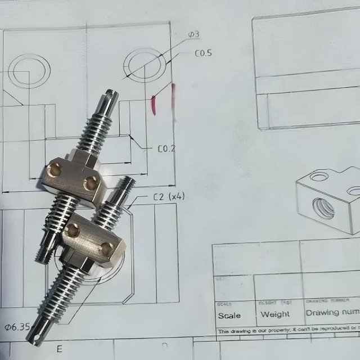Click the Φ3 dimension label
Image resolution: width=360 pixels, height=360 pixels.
(193, 35)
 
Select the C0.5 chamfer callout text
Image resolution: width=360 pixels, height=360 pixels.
(203, 54)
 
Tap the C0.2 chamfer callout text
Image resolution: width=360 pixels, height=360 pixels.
(166, 149)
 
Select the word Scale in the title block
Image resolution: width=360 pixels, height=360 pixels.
(229, 316)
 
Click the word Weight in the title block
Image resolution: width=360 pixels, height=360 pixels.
(275, 314)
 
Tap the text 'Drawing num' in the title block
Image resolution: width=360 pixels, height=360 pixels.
(332, 312)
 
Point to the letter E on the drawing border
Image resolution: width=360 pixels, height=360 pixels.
(59, 349)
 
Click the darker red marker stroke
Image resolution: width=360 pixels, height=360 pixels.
(153, 105)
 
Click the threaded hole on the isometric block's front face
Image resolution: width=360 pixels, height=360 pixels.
(325, 210)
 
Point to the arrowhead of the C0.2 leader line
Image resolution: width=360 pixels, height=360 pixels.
(131, 137)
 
